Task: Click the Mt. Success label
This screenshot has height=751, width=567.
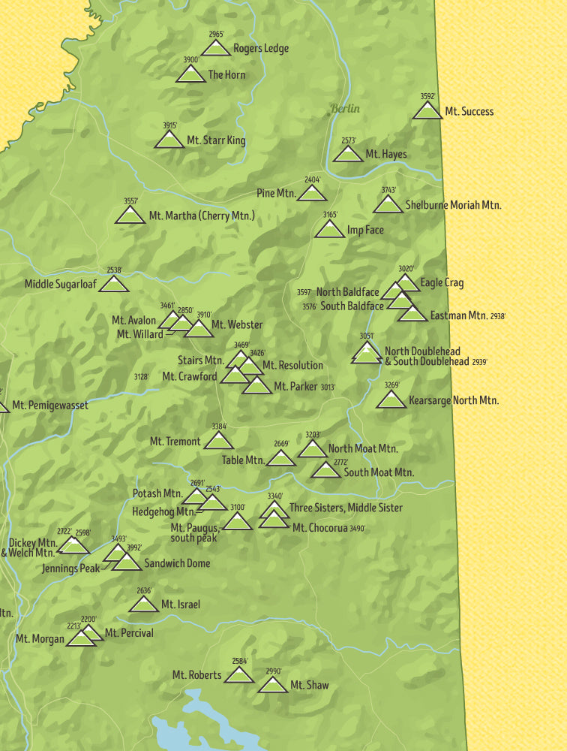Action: coord(469,111)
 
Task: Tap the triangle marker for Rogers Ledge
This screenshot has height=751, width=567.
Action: coord(216,49)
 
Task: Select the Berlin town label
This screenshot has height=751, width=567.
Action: coord(345,109)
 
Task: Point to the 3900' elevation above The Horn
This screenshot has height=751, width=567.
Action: coord(191,60)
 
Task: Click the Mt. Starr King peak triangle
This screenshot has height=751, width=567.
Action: coord(169,140)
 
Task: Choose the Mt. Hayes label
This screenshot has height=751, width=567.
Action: coord(385,155)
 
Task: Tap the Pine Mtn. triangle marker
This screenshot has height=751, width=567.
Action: coord(312,194)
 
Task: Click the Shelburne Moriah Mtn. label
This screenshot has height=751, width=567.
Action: coord(453,204)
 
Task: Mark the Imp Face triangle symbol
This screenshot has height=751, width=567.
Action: coord(330,230)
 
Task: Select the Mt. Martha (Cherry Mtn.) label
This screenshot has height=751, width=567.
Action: coord(202,216)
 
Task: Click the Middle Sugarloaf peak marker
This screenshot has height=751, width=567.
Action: coord(114,285)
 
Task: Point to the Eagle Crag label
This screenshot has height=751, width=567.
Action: coord(442,283)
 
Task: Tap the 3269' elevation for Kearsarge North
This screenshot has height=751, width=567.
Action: coord(391,385)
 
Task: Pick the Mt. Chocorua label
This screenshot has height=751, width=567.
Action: coord(319,528)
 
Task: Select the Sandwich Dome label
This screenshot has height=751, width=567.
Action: coord(177,563)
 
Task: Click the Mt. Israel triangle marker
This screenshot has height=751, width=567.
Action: coord(144,605)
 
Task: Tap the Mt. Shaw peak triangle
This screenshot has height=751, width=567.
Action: coord(272,686)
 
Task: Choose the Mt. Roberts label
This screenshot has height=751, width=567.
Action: coord(196,675)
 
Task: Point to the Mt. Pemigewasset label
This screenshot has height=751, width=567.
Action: coord(49,406)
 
